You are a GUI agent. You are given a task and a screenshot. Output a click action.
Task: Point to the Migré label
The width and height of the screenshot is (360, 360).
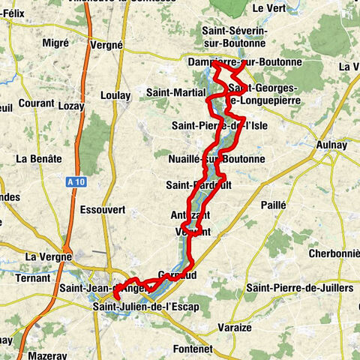[x=55, y=43]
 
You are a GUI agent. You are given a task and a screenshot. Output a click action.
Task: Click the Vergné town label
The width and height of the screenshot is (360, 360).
[x=106, y=44]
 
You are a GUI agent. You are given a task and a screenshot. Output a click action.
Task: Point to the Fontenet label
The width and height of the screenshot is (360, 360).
[x=191, y=349]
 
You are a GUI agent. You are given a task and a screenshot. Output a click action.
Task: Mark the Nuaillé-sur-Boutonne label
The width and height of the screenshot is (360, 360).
[x=217, y=159]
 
